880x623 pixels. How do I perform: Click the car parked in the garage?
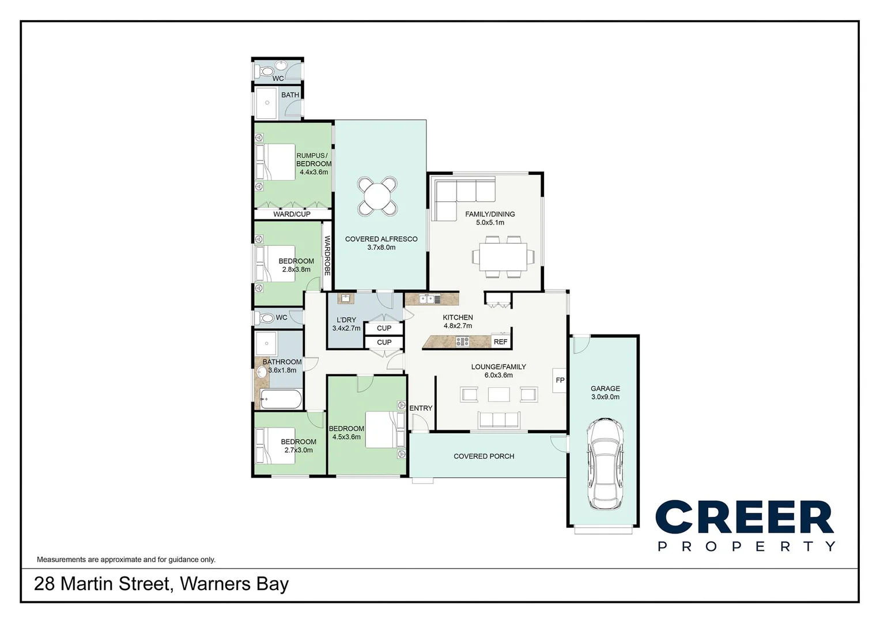[x=605, y=465]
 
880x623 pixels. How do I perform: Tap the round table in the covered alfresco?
[x=377, y=196]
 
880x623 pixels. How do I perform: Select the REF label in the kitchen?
[x=500, y=342]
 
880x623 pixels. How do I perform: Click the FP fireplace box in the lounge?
[x=560, y=380]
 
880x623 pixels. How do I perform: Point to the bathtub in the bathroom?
[x=280, y=399]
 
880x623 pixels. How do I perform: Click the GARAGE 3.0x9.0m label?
[x=605, y=393]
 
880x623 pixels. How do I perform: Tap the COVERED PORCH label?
[x=484, y=456]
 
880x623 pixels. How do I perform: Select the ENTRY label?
[x=421, y=408]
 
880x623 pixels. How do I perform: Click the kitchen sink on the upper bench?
[x=429, y=299]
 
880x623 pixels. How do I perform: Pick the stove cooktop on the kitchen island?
[x=462, y=341]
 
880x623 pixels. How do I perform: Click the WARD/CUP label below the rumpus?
[x=292, y=214]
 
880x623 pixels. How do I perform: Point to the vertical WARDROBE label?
[x=327, y=255]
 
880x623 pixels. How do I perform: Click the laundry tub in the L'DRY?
[x=345, y=298]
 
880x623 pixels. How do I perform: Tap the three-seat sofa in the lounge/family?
[x=499, y=420]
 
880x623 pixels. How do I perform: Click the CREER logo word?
[x=745, y=517]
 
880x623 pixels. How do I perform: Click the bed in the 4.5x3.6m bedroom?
[x=383, y=430]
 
